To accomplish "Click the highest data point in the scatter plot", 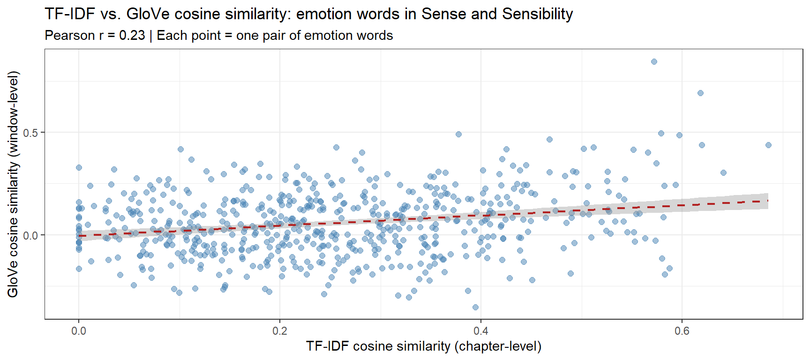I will (654, 62).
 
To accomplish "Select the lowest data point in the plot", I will (475, 307).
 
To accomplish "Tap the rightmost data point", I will (768, 145).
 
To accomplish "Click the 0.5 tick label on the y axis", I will (30, 133).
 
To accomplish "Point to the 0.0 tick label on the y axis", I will (30, 235).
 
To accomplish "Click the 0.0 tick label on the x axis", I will (79, 331).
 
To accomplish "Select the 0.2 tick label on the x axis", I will (280, 331).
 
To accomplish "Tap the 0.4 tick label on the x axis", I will (481, 331).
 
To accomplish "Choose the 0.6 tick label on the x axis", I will (682, 331).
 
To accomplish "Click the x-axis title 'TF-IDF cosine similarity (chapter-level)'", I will (424, 346).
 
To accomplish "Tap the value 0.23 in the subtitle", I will (132, 36).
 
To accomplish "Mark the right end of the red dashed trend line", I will (768, 201).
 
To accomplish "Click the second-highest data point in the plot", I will (700, 93).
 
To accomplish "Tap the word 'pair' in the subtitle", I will (272, 36).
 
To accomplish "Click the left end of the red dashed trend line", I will (79, 236).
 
